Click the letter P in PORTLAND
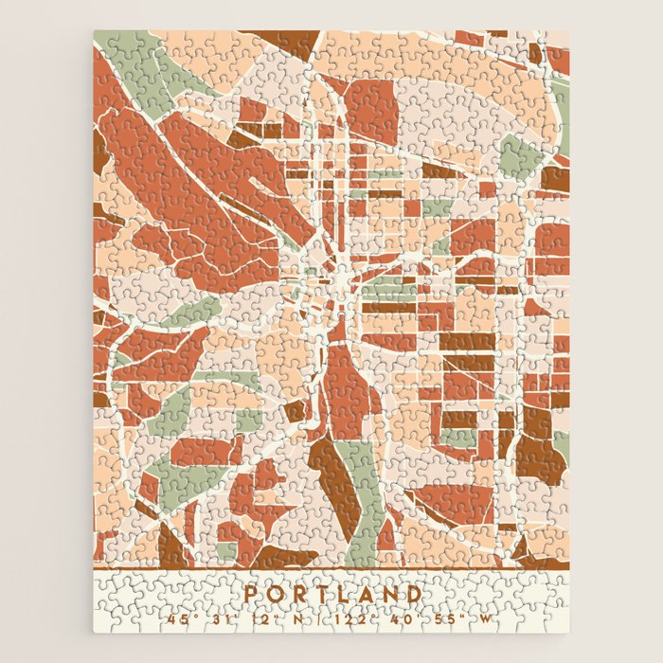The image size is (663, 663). pos(251,594)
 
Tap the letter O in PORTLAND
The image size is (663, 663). pos(275,594)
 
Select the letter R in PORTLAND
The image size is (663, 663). pos(298,594)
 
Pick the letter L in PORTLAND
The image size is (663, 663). pos(344,594)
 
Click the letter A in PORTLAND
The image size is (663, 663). pos(366,594)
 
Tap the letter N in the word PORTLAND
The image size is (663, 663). pos(389,594)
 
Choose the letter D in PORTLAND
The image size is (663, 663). pos(413,594)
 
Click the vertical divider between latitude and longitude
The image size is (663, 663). pos(323,620)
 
